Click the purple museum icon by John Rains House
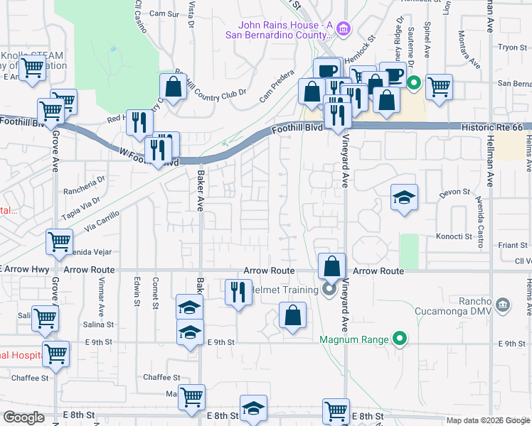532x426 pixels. pyautogui.click(x=344, y=28)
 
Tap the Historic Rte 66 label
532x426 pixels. pyautogui.click(x=491, y=126)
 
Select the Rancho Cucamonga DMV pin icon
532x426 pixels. pyautogui.click(x=503, y=305)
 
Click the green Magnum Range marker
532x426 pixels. pyautogui.click(x=400, y=339)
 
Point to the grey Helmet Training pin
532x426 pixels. pyautogui.click(x=329, y=289)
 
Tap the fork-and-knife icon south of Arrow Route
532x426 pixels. pyautogui.click(x=238, y=291)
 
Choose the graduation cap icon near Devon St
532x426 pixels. pyautogui.click(x=404, y=197)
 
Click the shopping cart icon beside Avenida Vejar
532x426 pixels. pyautogui.click(x=59, y=241)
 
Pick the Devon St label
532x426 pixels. pyautogui.click(x=456, y=192)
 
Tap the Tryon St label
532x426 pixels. pyautogui.click(x=511, y=47)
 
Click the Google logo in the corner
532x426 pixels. pyautogui.click(x=23, y=417)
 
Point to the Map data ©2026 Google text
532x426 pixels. pyautogui.click(x=487, y=420)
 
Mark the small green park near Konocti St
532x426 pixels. pyautogui.click(x=409, y=251)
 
